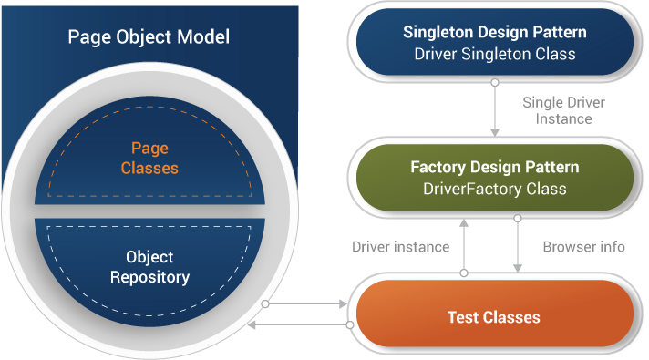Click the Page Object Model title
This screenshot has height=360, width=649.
pos(149,37)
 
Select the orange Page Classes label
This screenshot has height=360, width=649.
pos(149,157)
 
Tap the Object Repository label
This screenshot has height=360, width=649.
pos(149,267)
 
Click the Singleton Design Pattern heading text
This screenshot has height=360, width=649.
pos(495,33)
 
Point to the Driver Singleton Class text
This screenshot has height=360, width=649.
pos(495,54)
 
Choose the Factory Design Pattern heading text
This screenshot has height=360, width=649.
pos(495,168)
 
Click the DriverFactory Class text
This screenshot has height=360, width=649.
pos(495,190)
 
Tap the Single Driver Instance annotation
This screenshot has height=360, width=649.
pos(563,110)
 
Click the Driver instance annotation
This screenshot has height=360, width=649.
pos(401,247)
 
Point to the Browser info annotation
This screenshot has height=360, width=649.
pos(583,247)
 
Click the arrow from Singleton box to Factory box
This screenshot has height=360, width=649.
pos(495,109)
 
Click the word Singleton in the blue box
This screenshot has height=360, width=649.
pos(436,33)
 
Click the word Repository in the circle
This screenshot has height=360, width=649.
pos(149,277)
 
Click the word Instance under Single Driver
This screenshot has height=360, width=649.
pos(563,118)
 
